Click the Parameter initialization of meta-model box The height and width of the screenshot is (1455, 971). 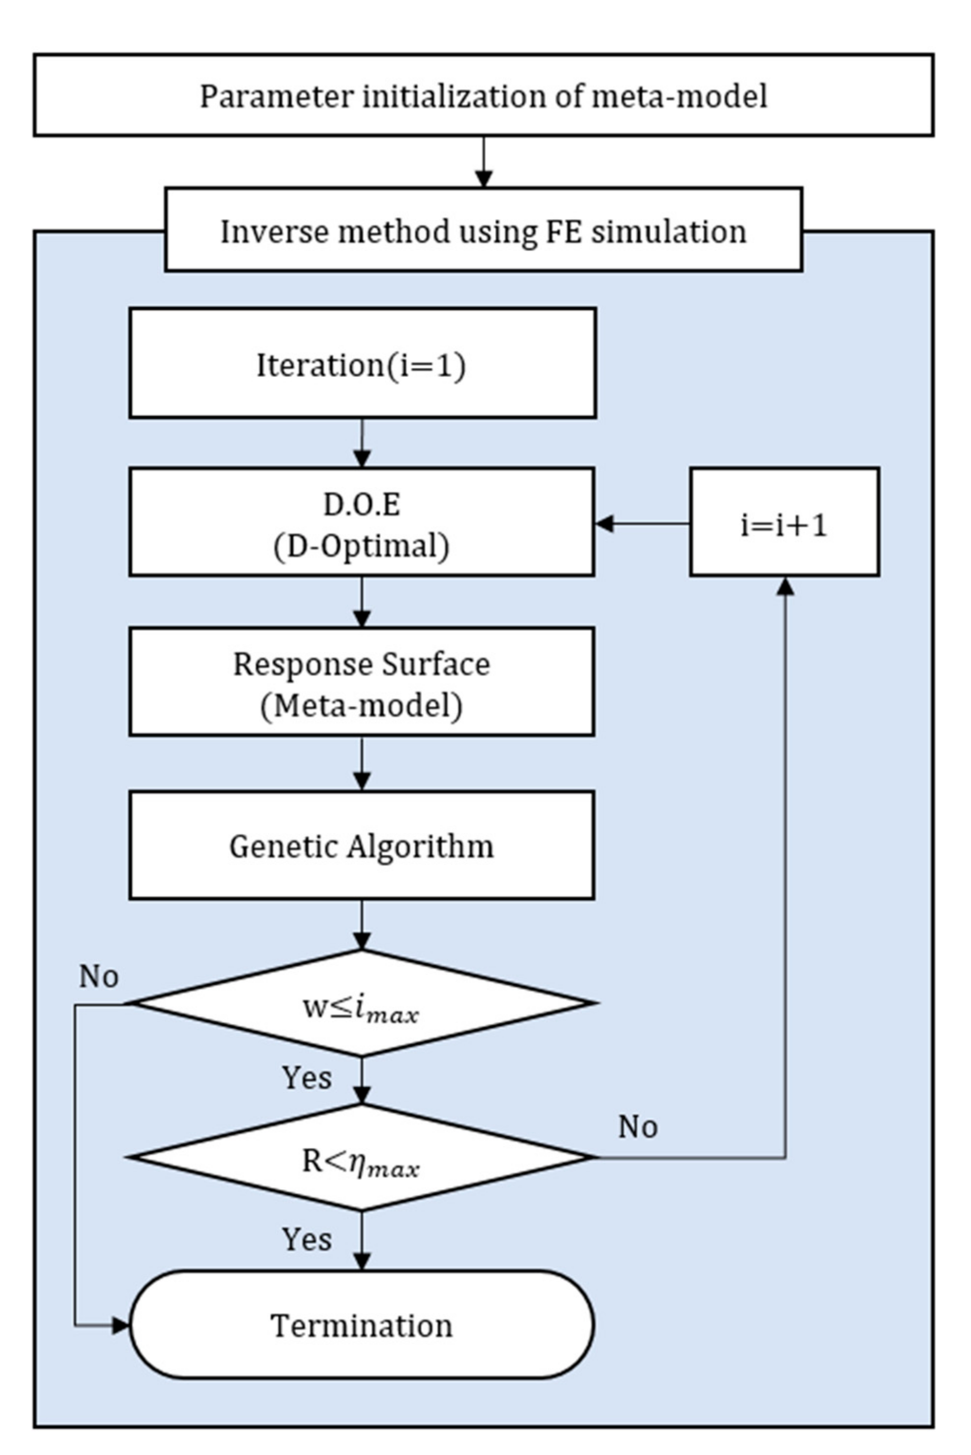point(483,95)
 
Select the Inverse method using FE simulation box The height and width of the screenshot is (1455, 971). point(483,230)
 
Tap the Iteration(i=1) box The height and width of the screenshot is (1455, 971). point(362,364)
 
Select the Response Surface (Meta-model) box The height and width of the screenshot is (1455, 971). point(362,683)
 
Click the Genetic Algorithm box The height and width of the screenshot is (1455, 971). point(362,845)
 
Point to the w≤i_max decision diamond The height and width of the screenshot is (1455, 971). point(362,1003)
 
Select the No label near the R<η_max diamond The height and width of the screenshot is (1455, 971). point(638,1127)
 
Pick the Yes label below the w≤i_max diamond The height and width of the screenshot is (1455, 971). point(307,1078)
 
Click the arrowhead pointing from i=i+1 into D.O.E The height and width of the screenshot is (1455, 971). point(604,524)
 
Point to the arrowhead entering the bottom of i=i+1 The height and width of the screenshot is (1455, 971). point(785,586)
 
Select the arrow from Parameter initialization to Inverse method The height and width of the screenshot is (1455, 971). point(484,162)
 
